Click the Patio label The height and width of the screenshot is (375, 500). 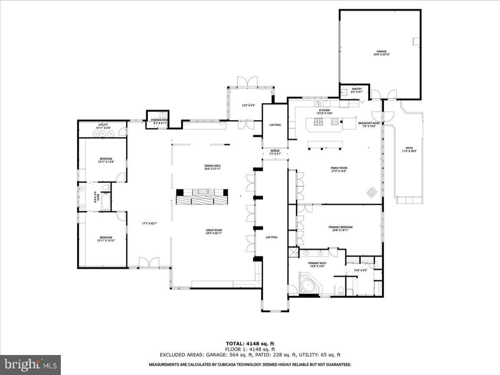click(409, 150)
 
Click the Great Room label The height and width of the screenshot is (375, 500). click(214, 232)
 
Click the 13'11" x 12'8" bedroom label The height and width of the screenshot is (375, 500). click(106, 160)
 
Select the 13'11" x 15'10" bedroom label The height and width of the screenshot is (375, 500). click(106, 239)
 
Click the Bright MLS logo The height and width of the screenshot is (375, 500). click(30, 365)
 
